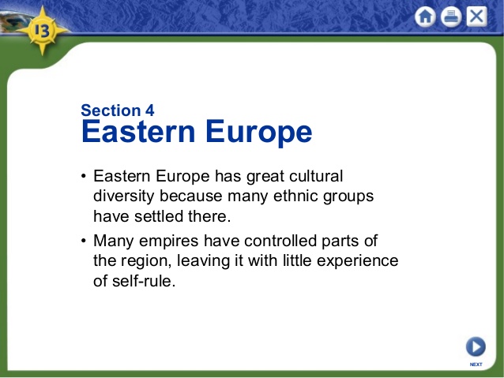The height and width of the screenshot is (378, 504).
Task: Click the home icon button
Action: [426, 17]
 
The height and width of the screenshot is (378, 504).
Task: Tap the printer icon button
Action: [451, 17]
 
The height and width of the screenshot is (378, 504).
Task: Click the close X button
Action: [476, 17]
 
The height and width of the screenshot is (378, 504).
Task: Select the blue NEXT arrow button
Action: [476, 346]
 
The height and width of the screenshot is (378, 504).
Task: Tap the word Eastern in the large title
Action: [139, 132]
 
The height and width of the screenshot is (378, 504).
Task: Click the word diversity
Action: [124, 196]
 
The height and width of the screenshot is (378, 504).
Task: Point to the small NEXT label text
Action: [476, 365]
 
